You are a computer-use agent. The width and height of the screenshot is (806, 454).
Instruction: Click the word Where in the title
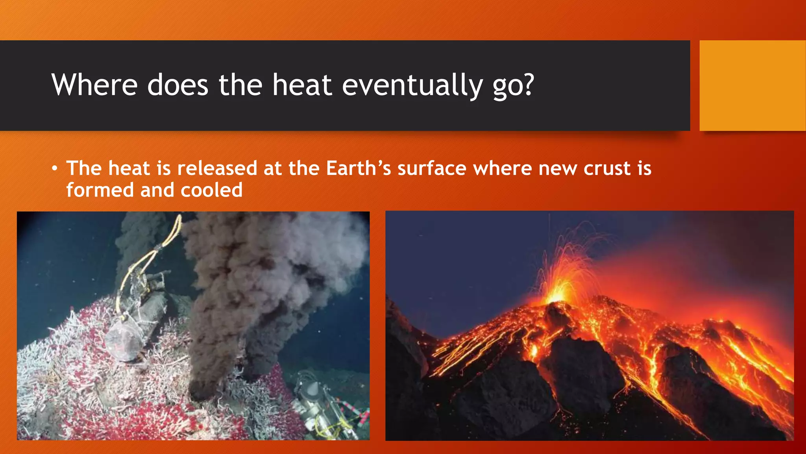click(x=94, y=85)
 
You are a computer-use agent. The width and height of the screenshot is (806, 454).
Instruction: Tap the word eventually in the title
click(x=412, y=85)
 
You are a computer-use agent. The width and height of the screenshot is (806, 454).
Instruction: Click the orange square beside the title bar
click(x=752, y=86)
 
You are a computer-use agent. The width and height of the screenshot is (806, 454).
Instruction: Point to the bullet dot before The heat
click(x=55, y=169)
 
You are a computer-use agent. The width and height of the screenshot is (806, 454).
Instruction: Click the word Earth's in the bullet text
click(x=358, y=168)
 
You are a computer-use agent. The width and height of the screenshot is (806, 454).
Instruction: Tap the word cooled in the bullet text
click(x=211, y=190)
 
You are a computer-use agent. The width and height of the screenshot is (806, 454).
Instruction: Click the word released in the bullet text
click(x=217, y=168)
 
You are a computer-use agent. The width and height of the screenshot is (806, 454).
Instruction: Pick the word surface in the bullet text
click(x=432, y=168)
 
